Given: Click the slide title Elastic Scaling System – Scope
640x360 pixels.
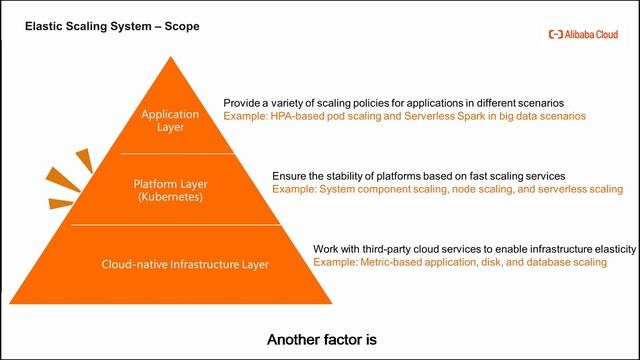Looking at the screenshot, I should [x=111, y=25].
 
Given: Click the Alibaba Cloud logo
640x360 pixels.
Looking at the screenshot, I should [x=583, y=34].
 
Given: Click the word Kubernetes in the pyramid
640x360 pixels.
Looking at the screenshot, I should [x=169, y=198].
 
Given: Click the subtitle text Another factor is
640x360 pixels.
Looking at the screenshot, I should [x=321, y=339].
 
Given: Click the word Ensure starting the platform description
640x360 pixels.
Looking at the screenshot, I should [x=291, y=175].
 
